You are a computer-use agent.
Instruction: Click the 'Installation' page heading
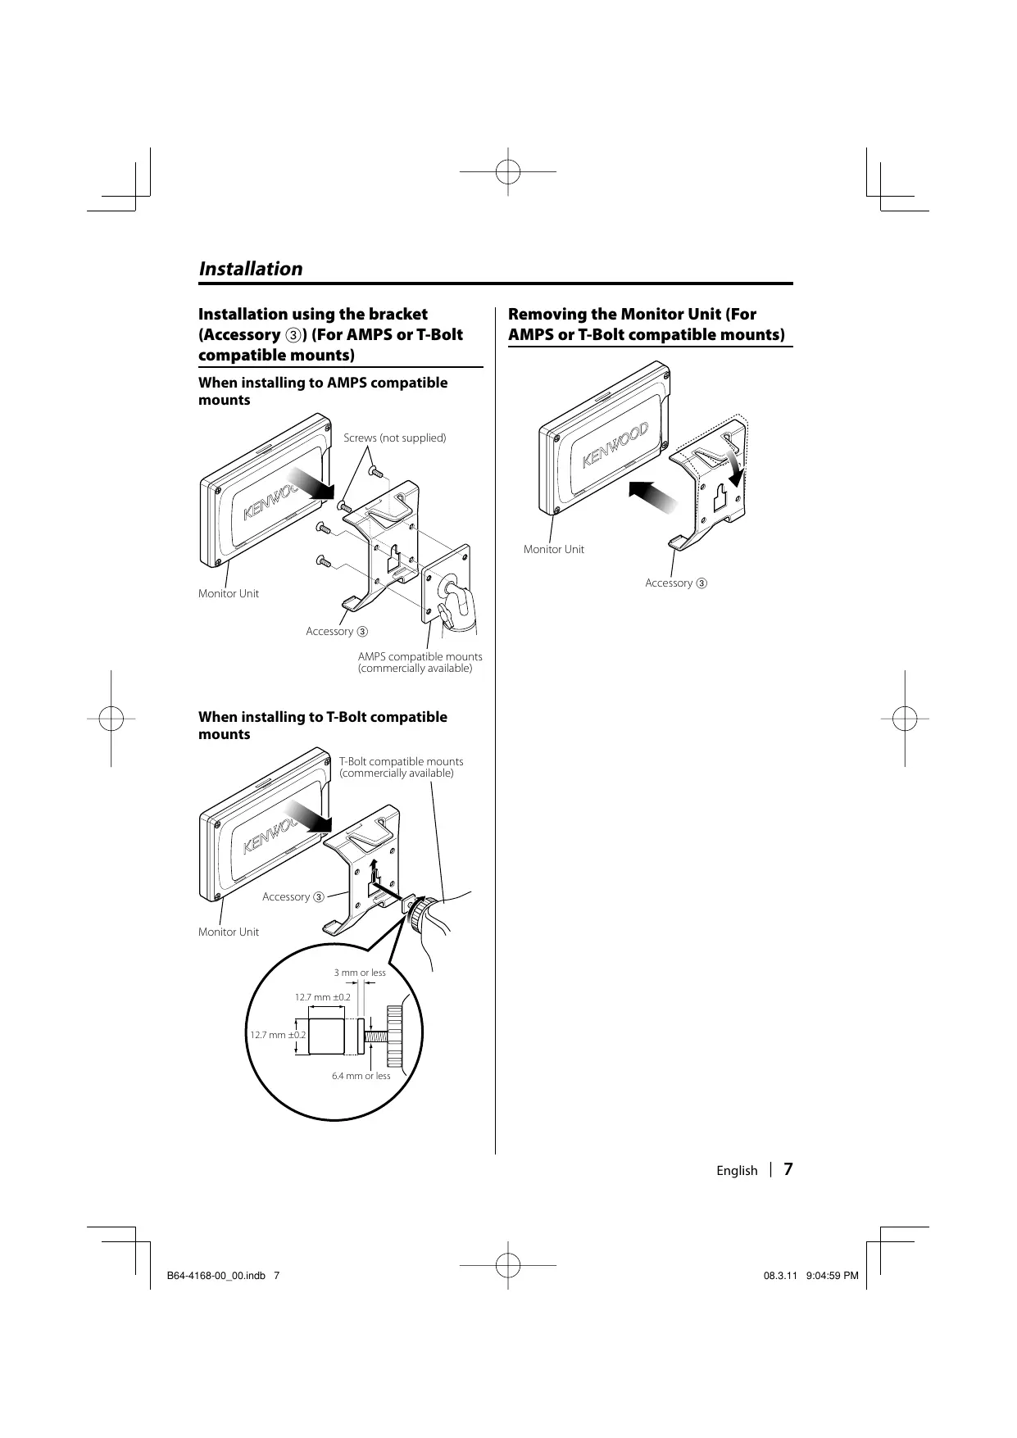[251, 269]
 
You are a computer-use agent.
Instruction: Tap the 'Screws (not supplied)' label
[394, 438]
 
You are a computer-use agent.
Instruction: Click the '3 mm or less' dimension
[360, 973]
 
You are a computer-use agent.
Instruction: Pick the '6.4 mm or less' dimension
[361, 1076]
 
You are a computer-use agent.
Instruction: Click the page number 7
[788, 1169]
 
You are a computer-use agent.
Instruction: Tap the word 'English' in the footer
[737, 1171]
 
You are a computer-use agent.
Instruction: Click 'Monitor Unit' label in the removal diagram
[554, 549]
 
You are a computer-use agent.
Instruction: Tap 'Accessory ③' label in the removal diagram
[675, 583]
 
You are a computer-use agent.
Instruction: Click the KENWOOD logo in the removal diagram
[615, 447]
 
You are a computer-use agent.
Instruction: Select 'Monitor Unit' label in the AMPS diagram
[229, 593]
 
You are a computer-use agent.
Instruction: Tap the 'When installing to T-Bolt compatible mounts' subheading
[323, 725]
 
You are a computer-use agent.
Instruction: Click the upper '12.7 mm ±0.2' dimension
[322, 997]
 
